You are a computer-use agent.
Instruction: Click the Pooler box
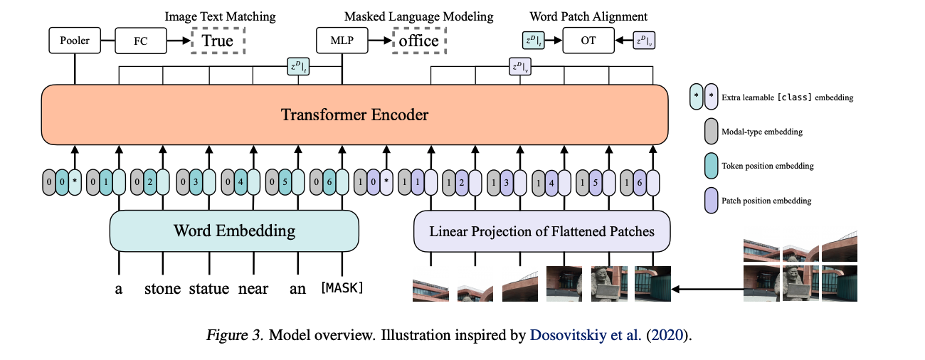point(75,41)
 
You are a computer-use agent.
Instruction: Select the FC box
point(140,41)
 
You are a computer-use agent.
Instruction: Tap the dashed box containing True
point(217,41)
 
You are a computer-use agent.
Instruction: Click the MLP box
point(343,41)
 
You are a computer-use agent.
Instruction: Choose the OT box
point(588,41)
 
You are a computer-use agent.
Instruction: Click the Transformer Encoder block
point(354,115)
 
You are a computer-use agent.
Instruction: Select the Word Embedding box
point(234,231)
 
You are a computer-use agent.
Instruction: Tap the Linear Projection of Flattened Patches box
point(541,231)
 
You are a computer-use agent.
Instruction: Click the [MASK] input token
point(342,288)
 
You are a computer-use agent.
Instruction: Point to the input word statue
point(208,288)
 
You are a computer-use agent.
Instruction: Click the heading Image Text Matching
point(220,16)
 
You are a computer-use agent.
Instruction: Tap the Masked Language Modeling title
point(418,16)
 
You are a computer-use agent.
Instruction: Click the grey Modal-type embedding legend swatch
point(710,132)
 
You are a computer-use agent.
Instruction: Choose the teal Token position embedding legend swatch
point(710,166)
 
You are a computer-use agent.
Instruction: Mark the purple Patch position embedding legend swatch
point(710,201)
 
